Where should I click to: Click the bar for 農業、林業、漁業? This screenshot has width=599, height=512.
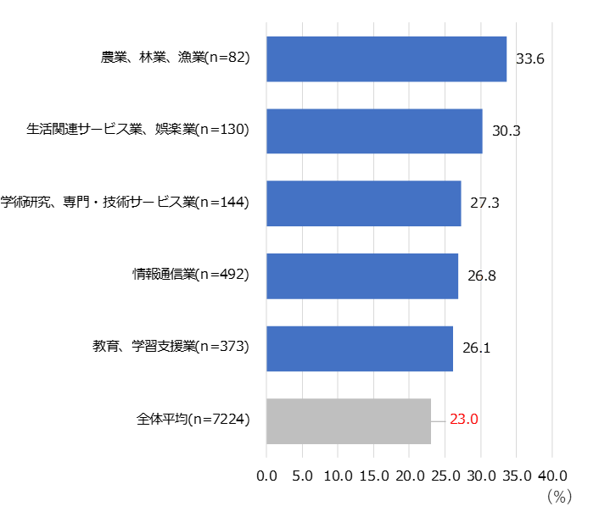(x=386, y=59)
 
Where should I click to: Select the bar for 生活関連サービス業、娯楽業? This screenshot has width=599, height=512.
(x=374, y=131)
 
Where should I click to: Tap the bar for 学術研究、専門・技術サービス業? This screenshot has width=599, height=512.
(x=364, y=203)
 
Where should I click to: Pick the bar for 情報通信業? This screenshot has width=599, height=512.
(x=362, y=276)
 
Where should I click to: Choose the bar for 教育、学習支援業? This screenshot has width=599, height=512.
(x=360, y=348)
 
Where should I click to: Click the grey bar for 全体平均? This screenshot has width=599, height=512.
(x=349, y=420)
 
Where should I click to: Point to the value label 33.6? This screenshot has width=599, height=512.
(x=529, y=59)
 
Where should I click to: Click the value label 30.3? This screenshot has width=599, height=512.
(x=506, y=131)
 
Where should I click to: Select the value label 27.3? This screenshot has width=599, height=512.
(x=484, y=204)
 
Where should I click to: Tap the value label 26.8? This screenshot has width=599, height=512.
(x=481, y=276)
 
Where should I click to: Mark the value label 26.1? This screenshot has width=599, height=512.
(x=475, y=348)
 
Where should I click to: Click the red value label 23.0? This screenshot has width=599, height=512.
(x=464, y=420)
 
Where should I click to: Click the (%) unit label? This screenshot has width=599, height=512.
(x=559, y=494)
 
